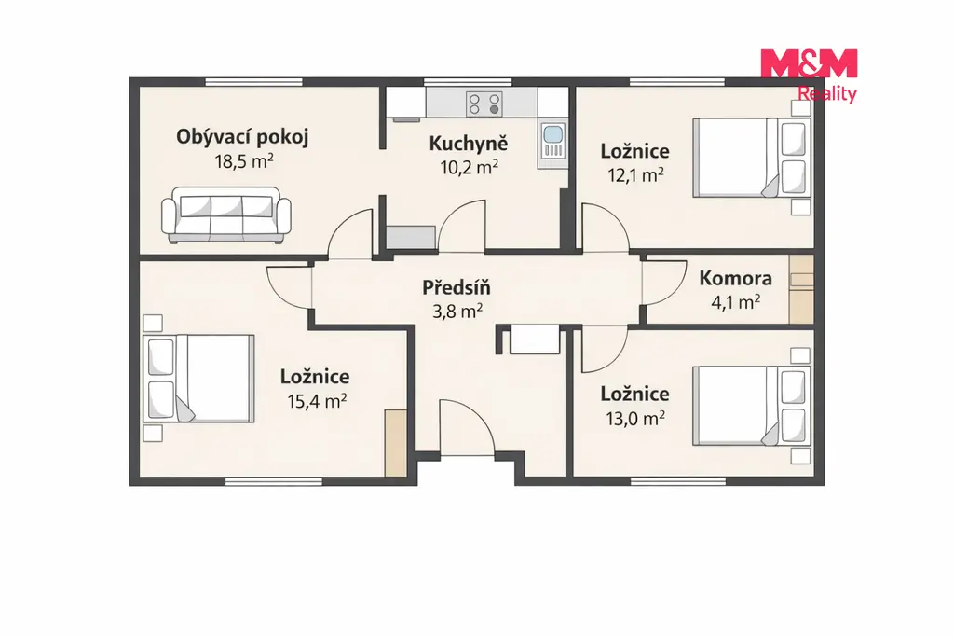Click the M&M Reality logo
(809, 76)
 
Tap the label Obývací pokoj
(242, 137)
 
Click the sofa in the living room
(226, 215)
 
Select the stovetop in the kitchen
(484, 104)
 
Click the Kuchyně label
(469, 143)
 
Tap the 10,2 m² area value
(470, 167)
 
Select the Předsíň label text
(457, 287)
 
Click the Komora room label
(736, 278)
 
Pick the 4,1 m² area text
(736, 301)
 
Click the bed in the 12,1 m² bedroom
(752, 158)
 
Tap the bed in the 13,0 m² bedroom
(752, 407)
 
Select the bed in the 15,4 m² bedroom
(199, 378)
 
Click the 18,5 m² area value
(243, 161)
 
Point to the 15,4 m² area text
(317, 401)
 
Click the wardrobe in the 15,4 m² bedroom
(395, 443)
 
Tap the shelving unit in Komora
(801, 289)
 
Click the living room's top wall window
(253, 81)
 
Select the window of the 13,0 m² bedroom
(678, 481)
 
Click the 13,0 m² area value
(634, 419)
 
